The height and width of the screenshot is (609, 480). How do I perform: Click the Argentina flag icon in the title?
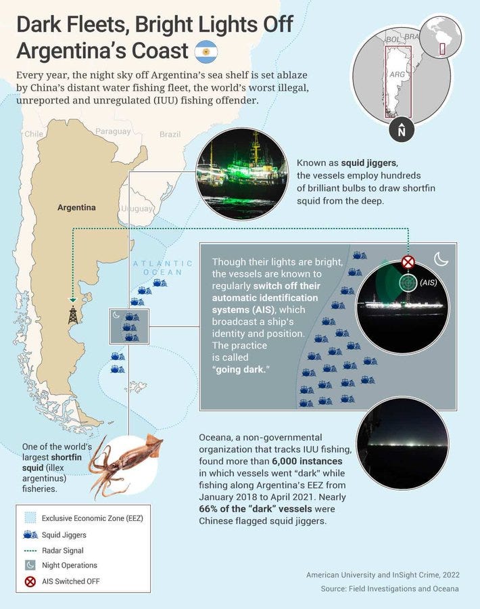pyautogui.click(x=206, y=51)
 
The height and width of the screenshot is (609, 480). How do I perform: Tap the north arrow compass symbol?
pyautogui.click(x=402, y=129)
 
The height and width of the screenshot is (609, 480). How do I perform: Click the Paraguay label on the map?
pyautogui.click(x=113, y=131)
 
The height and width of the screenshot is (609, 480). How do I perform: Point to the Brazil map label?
pyautogui.click(x=170, y=135)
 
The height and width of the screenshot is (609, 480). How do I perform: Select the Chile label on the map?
pyautogui.click(x=34, y=134)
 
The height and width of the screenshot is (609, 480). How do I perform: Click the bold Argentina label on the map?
pyautogui.click(x=76, y=208)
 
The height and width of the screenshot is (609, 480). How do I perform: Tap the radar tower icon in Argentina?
pyautogui.click(x=72, y=315)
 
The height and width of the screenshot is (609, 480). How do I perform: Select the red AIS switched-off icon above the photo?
pyautogui.click(x=408, y=262)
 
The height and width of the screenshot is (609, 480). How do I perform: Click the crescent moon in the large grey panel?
pyautogui.click(x=441, y=258)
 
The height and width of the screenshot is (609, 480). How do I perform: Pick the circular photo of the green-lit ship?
pyautogui.click(x=243, y=174)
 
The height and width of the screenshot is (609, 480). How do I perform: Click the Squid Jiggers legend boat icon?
pyautogui.click(x=30, y=535)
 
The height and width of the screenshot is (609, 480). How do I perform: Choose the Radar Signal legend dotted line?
pyautogui.click(x=30, y=550)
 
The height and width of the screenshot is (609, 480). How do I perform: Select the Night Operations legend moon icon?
pyautogui.click(x=30, y=565)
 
